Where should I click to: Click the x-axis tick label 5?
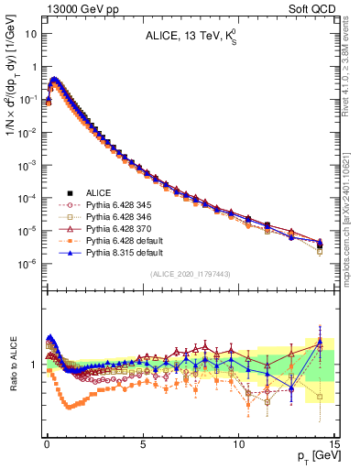143,442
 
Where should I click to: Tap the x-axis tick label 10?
238,442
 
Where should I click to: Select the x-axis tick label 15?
333,442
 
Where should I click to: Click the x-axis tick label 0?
47,442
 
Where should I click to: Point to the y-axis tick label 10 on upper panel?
30,34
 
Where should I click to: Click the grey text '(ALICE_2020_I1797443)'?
190,274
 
